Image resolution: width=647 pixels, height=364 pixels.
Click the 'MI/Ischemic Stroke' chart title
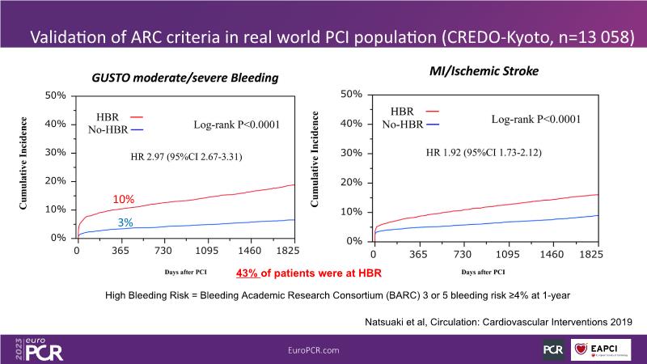tap(482, 71)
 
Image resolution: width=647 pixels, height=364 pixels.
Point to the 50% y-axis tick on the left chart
tap(54, 95)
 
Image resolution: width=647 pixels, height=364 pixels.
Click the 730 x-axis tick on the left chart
tap(164, 252)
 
